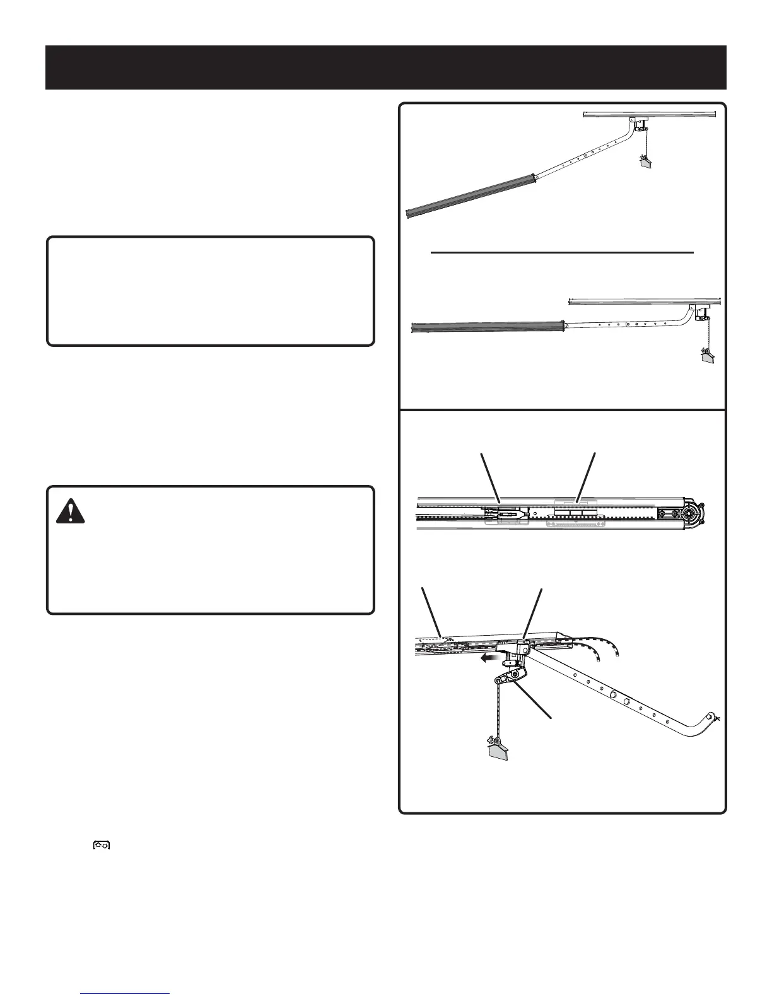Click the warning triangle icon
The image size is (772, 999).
[x=71, y=510]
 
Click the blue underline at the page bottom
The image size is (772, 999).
[x=126, y=994]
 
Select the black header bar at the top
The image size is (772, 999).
[x=386, y=67]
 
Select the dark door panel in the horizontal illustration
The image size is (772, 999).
[x=486, y=327]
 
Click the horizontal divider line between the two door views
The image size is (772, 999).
[x=562, y=252]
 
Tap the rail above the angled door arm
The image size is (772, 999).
[x=650, y=114]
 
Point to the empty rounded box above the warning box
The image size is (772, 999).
[x=211, y=291]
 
